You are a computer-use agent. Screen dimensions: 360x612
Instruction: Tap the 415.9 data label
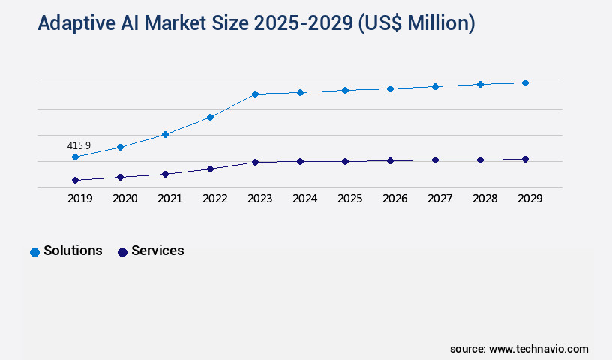click(79, 145)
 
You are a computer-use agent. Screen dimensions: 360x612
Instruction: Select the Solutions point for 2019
click(75, 157)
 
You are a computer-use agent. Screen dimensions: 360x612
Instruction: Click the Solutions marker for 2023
click(255, 94)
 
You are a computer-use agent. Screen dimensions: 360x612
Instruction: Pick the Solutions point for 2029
click(525, 82)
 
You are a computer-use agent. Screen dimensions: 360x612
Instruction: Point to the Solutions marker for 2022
click(210, 117)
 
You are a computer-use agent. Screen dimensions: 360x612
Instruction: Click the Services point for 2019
click(75, 180)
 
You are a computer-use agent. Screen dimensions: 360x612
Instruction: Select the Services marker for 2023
click(255, 162)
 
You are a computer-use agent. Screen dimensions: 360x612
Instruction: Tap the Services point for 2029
click(525, 159)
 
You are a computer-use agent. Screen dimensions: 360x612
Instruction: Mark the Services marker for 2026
click(390, 160)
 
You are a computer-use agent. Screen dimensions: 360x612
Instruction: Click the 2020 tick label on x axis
click(124, 199)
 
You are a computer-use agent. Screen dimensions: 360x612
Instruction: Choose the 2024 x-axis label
click(304, 199)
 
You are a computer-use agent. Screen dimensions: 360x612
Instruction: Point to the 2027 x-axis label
click(439, 199)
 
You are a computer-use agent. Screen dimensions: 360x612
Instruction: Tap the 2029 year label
click(529, 199)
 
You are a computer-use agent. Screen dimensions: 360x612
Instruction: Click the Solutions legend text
click(73, 250)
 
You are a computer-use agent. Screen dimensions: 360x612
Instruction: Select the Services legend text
click(157, 250)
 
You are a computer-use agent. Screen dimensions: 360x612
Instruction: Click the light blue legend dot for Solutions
click(34, 252)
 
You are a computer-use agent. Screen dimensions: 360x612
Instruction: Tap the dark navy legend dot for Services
click(122, 252)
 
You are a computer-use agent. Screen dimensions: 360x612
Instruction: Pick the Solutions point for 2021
click(165, 134)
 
